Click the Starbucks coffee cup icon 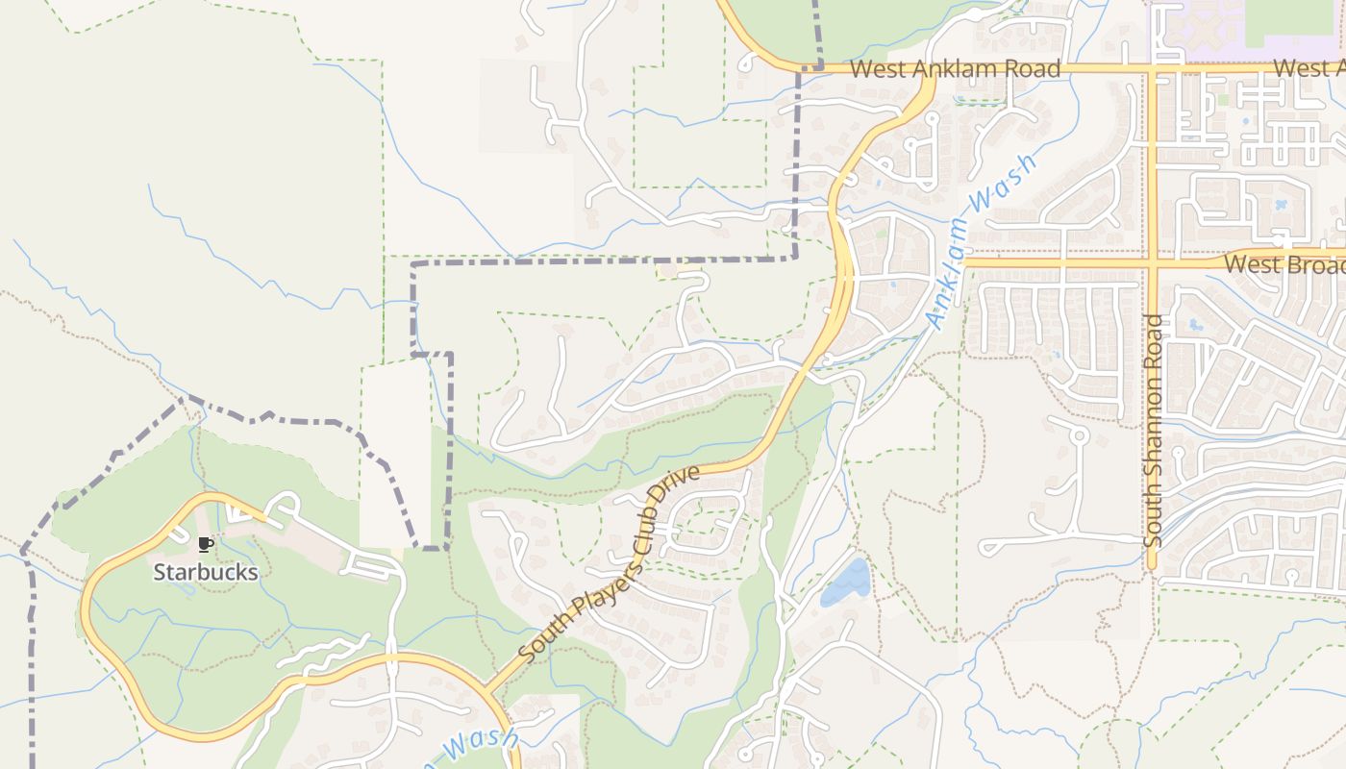(x=205, y=545)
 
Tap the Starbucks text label (x=206, y=573)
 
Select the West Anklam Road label (x=955, y=69)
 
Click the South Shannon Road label (x=1154, y=431)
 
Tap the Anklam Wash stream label (x=982, y=242)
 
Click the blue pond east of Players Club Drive (x=846, y=583)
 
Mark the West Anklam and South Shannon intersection (x=1151, y=69)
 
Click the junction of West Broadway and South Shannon (x=1151, y=260)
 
